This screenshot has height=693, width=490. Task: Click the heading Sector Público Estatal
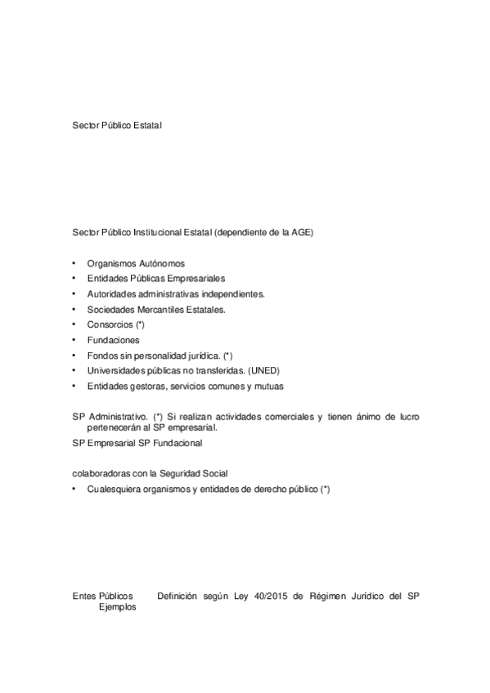[118, 125]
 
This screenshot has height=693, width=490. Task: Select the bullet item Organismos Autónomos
[136, 263]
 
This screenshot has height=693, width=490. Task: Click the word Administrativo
[119, 417]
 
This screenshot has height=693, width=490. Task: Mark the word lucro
[407, 417]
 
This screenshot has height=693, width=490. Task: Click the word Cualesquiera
[115, 489]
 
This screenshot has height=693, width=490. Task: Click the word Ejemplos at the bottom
[118, 607]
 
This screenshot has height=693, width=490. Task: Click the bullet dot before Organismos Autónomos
[74, 263]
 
